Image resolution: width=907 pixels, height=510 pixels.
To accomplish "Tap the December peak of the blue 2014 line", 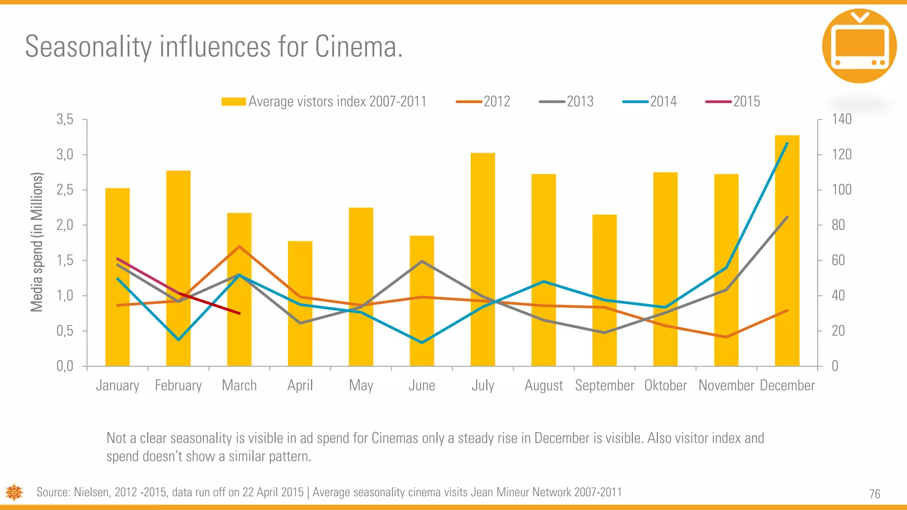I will tap(787, 143).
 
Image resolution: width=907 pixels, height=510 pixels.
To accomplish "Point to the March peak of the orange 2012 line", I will tap(239, 246).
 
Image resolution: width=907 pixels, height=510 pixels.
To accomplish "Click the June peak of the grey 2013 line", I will tap(422, 261).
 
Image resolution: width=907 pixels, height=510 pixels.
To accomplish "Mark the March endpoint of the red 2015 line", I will tap(239, 313).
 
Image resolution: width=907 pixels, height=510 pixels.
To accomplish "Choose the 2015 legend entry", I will tap(733, 102).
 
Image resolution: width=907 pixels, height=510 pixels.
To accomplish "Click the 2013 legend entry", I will tap(566, 102).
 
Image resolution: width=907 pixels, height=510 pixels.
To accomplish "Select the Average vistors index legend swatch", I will tap(233, 102).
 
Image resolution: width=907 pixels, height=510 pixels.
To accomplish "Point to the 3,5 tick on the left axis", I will tap(65, 120).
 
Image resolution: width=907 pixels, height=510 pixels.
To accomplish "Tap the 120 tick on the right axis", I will tap(841, 155).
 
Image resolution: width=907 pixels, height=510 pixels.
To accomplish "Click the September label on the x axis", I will tap(605, 386).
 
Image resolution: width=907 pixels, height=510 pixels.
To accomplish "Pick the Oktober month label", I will tap(665, 386).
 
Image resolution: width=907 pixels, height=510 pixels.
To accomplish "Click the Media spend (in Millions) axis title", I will tap(37, 242).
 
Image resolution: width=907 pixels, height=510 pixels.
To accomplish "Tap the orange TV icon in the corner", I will tap(859, 46).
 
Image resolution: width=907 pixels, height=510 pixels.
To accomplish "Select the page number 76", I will tap(874, 494).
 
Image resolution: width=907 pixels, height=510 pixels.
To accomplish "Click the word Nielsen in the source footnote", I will tap(92, 492).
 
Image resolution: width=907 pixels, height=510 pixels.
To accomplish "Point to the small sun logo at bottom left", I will tap(14, 492).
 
